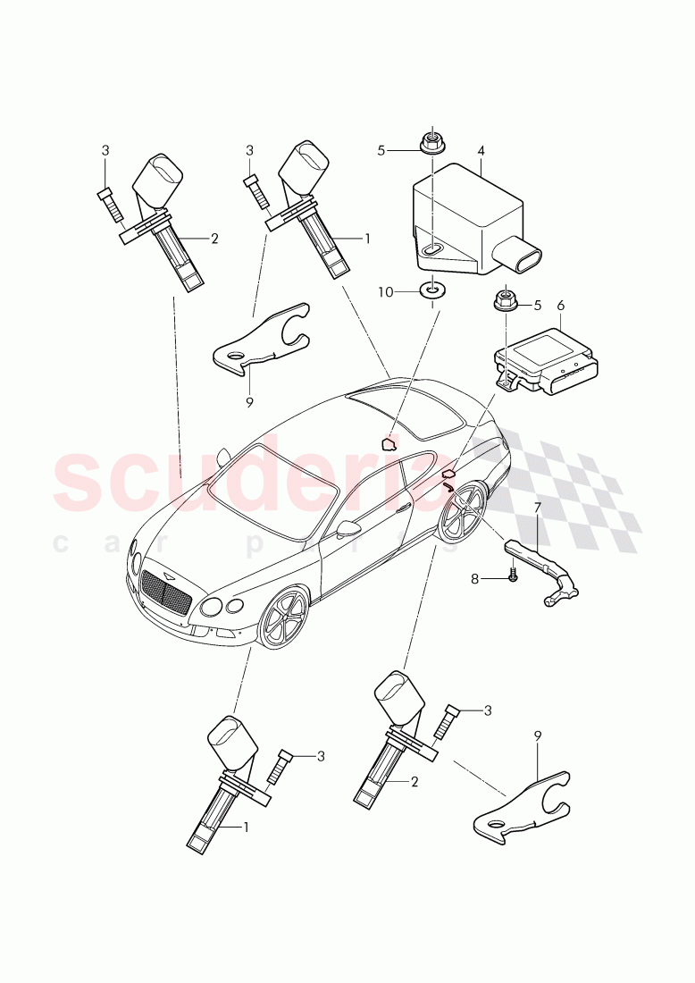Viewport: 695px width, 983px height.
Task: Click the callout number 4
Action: (481, 151)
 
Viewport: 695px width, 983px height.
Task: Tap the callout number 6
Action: (561, 306)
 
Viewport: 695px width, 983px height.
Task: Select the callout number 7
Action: (538, 508)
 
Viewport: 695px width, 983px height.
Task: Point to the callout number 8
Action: (501, 579)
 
